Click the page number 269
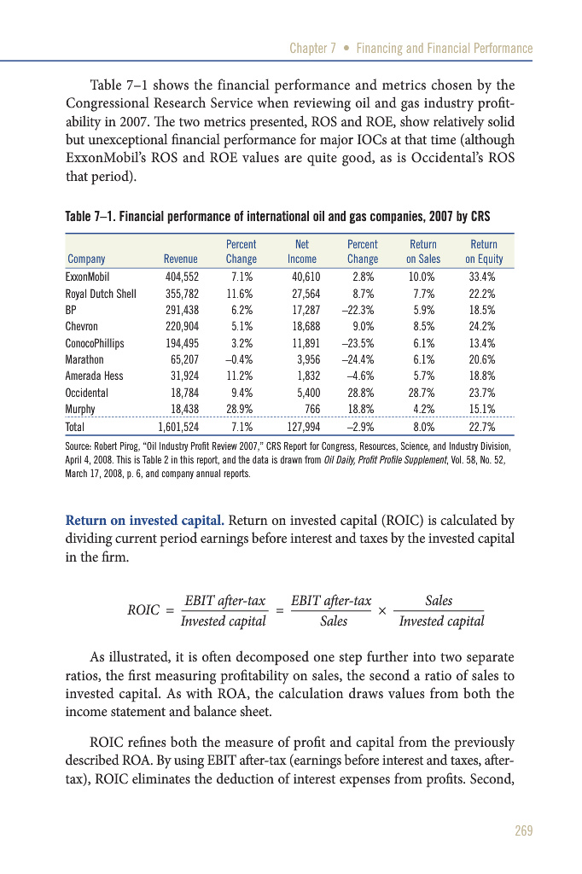521,830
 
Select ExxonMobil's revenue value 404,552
180,277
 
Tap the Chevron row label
82,326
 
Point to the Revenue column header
180,259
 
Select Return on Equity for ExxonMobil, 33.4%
482,277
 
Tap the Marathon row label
84,359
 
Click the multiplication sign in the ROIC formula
382,611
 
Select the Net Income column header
301,252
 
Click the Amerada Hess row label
91,376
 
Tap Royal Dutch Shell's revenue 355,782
180,294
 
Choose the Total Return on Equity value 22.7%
482,426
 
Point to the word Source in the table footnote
80,446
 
